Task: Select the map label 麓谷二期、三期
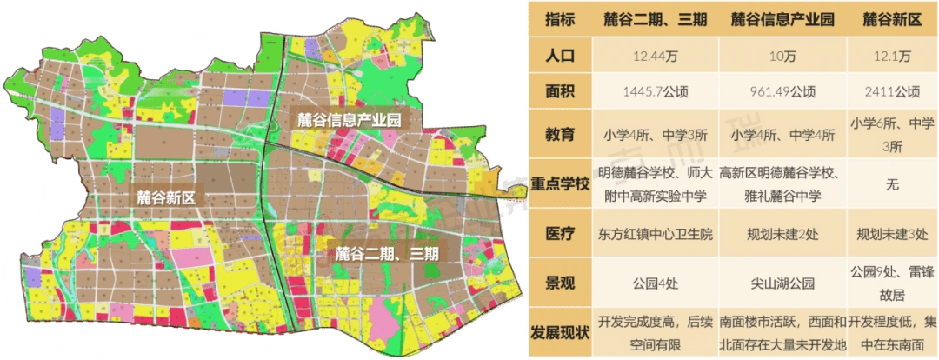388,254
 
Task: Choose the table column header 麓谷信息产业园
782,18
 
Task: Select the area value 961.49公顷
782,91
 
